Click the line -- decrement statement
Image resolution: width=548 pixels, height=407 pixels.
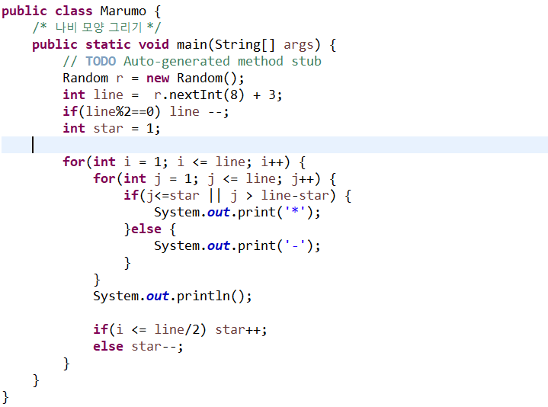[x=198, y=111]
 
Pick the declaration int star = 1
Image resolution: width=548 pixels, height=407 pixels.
[x=111, y=128]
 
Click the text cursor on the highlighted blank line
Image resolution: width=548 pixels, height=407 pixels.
[x=33, y=145]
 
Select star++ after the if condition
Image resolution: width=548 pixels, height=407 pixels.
[x=241, y=329]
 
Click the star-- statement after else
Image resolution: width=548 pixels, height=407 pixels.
[x=157, y=346]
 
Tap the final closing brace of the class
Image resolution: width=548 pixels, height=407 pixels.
[x=6, y=396]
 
